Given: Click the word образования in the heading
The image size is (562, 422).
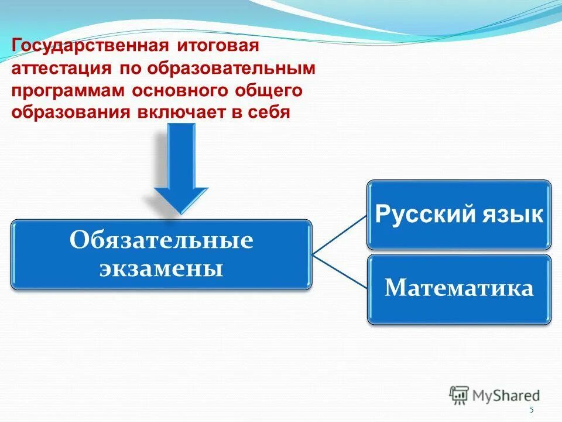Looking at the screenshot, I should (70, 112).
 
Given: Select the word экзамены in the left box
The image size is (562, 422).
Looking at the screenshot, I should (161, 268).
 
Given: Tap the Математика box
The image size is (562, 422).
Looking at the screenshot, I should (459, 288).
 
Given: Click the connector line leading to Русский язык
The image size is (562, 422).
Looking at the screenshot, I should (340, 234).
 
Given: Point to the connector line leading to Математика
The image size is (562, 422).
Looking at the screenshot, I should (340, 271).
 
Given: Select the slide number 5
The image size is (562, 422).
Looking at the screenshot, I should (531, 410).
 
